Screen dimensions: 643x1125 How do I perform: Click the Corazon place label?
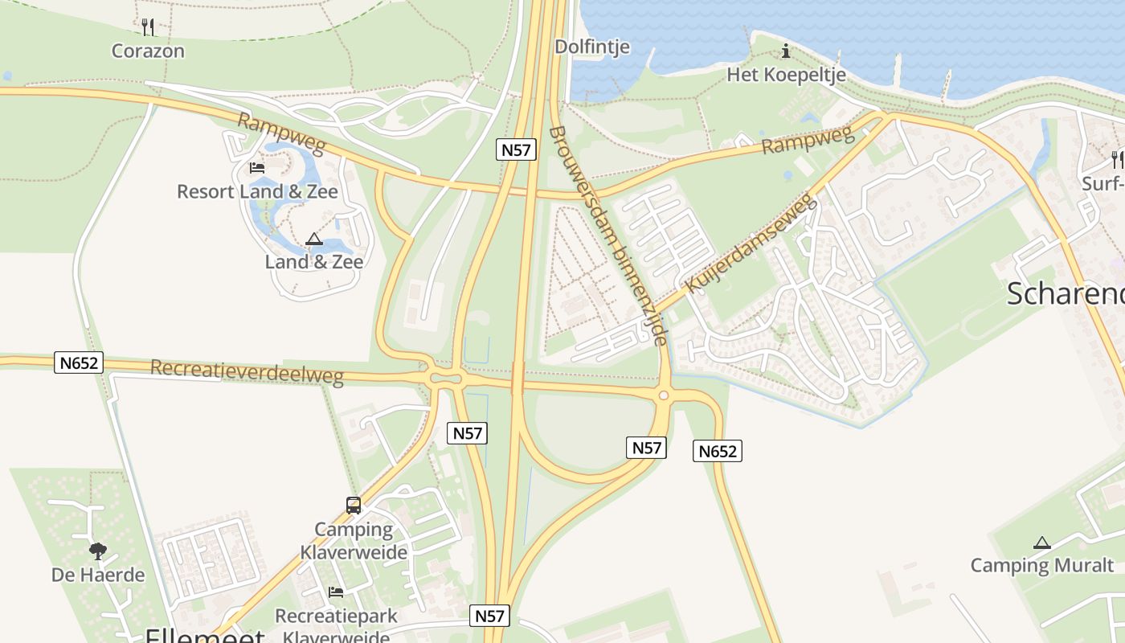[x=148, y=51]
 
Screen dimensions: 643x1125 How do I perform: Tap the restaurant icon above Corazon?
[x=148, y=27]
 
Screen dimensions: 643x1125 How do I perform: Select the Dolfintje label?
[x=592, y=47]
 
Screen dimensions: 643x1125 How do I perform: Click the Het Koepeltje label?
[x=786, y=75]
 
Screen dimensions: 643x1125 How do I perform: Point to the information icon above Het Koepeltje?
[x=786, y=52]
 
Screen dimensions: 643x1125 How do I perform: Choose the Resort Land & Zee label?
[x=257, y=191]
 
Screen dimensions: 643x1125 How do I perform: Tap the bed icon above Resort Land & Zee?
[x=257, y=167]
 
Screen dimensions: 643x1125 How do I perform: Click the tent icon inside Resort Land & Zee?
[x=313, y=239]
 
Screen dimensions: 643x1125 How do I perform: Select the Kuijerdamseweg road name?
[x=752, y=242]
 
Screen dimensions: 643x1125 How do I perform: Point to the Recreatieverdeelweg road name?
[x=247, y=372]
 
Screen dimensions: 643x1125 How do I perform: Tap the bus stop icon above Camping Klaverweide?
[x=354, y=506]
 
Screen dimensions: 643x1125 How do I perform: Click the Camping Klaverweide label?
[x=354, y=541]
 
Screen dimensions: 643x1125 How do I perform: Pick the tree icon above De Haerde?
[x=98, y=551]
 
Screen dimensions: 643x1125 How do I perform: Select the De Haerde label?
[x=98, y=575]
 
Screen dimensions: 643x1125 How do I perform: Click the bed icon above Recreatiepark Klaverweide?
[x=336, y=592]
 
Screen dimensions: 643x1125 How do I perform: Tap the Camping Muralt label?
[x=1042, y=565]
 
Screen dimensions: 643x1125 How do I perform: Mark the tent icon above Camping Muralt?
[x=1042, y=543]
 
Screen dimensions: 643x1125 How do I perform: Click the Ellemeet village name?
[x=205, y=636]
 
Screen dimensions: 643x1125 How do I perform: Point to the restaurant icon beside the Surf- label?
[x=1117, y=158]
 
